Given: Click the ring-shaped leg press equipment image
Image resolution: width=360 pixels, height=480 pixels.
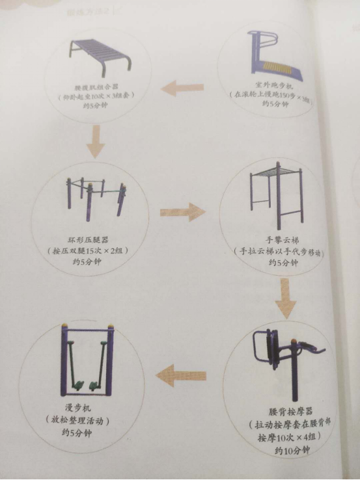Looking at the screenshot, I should click(96, 194).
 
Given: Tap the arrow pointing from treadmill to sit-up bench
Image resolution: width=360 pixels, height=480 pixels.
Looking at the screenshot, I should click(183, 87).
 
